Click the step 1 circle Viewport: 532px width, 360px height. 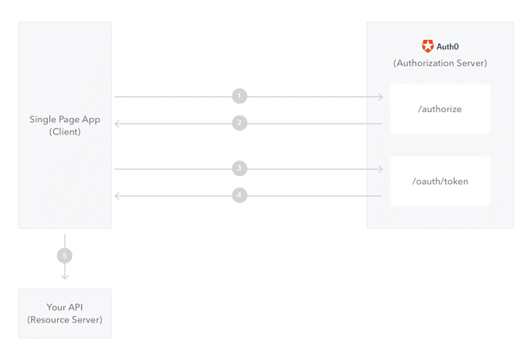tap(239, 96)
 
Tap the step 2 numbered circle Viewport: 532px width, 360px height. tap(239, 123)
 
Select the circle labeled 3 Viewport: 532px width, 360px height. tap(239, 168)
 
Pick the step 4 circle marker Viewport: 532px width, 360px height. tap(239, 195)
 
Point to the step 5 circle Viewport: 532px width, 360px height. tap(64, 255)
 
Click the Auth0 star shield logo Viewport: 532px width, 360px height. tap(427, 46)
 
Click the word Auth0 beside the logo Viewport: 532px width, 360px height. tap(448, 46)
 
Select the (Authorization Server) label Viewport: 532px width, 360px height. tap(440, 63)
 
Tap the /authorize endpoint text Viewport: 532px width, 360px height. tap(440, 109)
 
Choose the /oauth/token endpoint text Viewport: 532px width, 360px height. tap(440, 182)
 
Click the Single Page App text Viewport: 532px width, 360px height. tap(65, 120)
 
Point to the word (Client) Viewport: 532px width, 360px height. tap(65, 131)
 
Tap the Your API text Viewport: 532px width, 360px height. tap(64, 307)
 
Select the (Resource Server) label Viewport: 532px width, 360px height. tap(64, 319)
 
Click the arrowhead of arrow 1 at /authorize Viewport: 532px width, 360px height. tap(381, 97)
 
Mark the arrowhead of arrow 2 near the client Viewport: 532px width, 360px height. tap(117, 124)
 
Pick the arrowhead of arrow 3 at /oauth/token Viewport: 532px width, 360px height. tap(381, 169)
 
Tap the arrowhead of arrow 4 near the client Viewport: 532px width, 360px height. tap(117, 196)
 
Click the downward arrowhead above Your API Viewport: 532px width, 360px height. tap(65, 277)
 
